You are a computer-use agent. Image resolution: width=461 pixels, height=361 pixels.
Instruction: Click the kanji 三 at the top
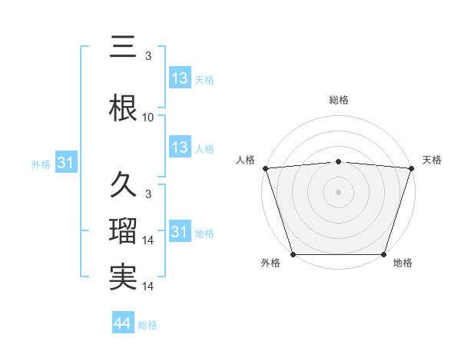click(x=122, y=48)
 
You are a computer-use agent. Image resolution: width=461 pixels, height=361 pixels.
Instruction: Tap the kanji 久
click(x=123, y=185)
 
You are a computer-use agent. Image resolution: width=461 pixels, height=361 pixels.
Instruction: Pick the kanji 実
click(x=123, y=278)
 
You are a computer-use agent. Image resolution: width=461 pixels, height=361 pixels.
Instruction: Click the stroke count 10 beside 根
click(x=148, y=118)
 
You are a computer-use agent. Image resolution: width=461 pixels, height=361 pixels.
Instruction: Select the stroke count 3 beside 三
click(x=148, y=56)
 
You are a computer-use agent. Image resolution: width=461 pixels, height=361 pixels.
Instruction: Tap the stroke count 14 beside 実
click(x=148, y=286)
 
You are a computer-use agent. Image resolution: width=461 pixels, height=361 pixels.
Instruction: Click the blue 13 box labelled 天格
click(x=180, y=78)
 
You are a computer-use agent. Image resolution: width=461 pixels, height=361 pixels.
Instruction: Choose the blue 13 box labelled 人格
click(x=180, y=147)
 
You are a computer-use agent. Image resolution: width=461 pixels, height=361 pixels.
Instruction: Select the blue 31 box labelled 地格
click(x=180, y=232)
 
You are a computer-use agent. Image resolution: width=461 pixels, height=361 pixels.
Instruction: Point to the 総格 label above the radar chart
click(x=338, y=100)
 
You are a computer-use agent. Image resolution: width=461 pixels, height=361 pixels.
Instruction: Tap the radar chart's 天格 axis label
click(x=432, y=160)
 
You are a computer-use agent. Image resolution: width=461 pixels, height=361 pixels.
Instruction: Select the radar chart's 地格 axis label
click(x=403, y=263)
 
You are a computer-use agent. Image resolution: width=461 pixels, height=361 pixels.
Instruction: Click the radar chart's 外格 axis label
click(x=271, y=263)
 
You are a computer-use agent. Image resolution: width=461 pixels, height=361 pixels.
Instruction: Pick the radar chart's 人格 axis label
click(x=245, y=160)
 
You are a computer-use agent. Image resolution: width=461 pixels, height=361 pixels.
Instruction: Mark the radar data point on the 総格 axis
click(x=338, y=161)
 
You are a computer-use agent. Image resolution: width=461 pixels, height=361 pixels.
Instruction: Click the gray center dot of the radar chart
click(x=338, y=191)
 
